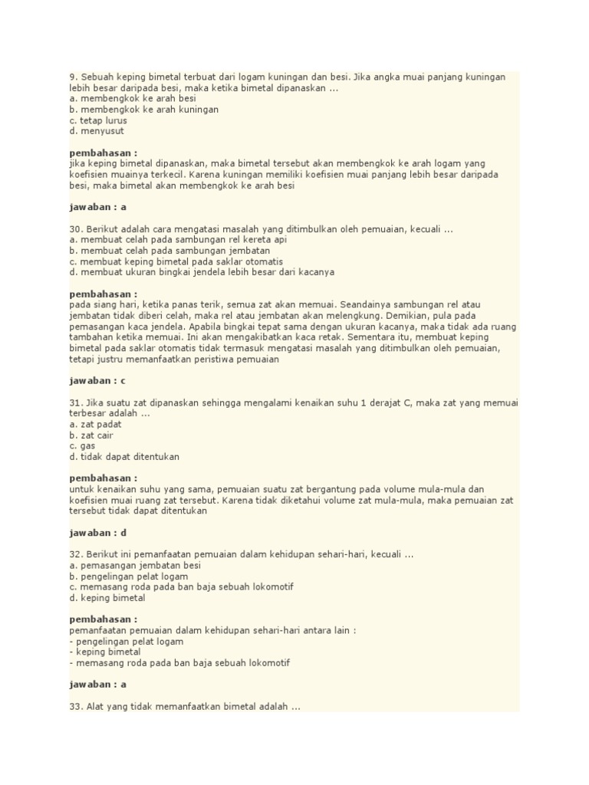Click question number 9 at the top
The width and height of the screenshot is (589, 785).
tap(73, 77)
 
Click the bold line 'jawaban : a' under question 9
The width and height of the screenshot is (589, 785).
tap(97, 207)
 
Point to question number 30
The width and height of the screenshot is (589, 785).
tap(76, 228)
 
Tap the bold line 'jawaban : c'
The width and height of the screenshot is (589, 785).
tap(97, 380)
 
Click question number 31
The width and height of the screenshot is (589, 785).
tap(76, 402)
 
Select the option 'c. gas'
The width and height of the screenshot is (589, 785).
tap(81, 445)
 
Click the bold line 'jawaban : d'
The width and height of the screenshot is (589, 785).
tap(97, 532)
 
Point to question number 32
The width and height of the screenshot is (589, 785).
tap(76, 554)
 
